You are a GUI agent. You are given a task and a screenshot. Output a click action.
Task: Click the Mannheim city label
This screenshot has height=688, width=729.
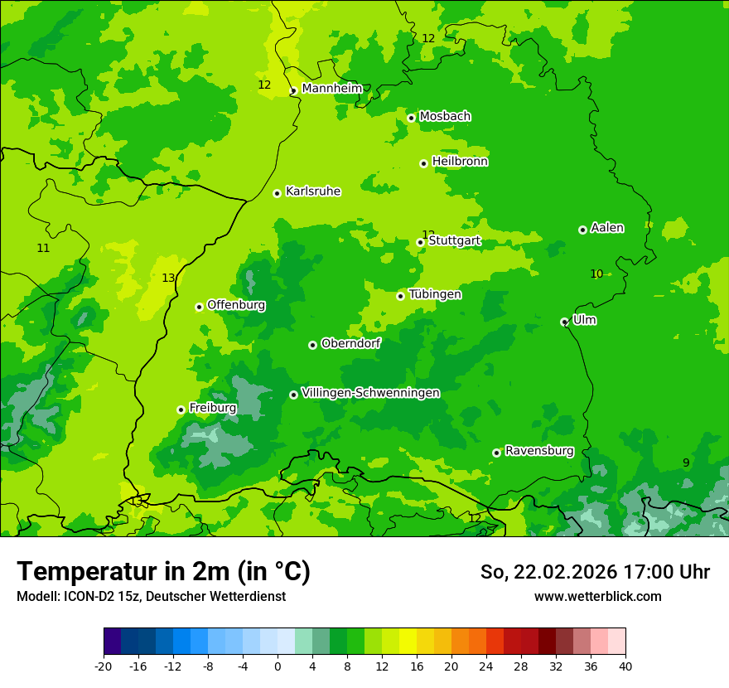pos(332,88)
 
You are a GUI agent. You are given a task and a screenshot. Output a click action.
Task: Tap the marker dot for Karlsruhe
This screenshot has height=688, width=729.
pos(278,193)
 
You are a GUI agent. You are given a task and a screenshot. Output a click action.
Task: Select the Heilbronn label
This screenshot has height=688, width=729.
pos(460,162)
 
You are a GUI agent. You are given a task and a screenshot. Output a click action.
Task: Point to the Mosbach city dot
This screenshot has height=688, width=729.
pos(411,118)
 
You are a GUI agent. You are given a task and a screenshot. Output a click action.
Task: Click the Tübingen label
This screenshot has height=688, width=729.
pos(435,294)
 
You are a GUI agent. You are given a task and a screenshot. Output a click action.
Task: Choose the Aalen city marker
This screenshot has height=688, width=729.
pos(582,230)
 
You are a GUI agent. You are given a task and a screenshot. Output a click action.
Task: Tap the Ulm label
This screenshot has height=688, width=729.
pos(584,320)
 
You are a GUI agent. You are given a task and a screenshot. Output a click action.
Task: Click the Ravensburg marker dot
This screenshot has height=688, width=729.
pos(496,453)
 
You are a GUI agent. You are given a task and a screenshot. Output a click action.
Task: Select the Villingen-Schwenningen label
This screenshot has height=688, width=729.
pos(370,393)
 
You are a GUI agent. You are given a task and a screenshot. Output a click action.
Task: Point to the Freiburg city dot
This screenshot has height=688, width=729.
pos(181,409)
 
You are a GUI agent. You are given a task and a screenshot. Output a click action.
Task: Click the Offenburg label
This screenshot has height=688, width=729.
pos(236,305)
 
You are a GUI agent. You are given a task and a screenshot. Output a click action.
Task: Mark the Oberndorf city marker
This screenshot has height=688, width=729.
pos(312,345)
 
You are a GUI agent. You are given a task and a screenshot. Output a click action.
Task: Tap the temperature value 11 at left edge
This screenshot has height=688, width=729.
pos(43,248)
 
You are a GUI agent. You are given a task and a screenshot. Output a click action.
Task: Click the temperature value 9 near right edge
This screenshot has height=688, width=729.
pos(686,463)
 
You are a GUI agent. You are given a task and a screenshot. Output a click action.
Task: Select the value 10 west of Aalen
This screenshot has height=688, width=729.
pos(596,274)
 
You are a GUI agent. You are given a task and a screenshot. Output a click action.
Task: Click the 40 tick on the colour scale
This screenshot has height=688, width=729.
pos(625,666)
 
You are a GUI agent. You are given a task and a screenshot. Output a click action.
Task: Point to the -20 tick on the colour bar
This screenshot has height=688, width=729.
pos(104,666)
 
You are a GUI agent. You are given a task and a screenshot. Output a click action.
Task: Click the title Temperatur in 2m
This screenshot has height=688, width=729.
pos(163,571)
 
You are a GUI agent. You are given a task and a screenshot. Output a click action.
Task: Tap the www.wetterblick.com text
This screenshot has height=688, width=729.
pos(597,596)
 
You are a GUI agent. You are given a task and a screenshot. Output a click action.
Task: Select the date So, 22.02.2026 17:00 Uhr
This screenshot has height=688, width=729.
pos(595,572)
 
